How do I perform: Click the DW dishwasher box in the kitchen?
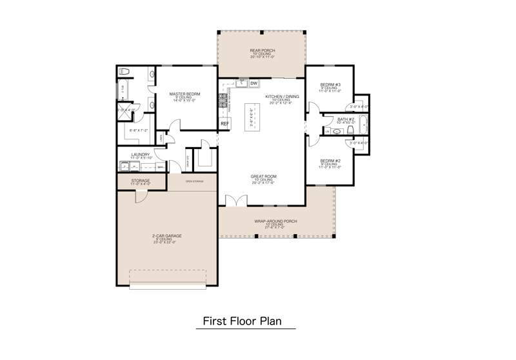254,83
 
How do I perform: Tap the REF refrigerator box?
225,123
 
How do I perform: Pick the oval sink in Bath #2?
337,131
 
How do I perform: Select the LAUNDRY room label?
141,154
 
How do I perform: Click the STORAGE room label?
141,181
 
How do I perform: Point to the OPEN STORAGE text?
194,181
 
